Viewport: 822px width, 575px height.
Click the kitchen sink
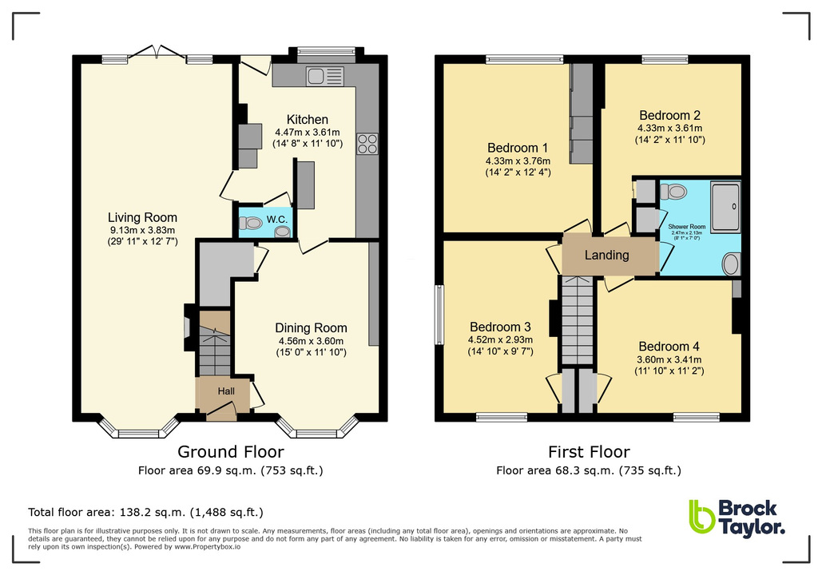pos(324,76)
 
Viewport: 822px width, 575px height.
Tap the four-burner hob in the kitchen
pos(367,144)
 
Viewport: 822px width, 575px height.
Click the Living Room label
pos(143,217)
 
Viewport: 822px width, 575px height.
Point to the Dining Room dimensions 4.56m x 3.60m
pos(311,341)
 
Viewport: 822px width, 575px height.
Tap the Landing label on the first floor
pos(607,256)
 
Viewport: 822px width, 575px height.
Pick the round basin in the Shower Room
pos(730,264)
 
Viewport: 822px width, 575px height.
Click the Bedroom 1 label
pos(518,148)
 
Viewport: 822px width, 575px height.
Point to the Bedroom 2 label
pos(669,114)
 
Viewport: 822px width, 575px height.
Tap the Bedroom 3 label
pos(500,327)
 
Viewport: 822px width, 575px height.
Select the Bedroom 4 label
pos(669,347)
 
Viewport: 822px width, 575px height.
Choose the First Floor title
pos(589,452)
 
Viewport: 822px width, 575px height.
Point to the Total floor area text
pos(145,512)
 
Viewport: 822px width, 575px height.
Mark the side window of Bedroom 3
pos(438,315)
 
